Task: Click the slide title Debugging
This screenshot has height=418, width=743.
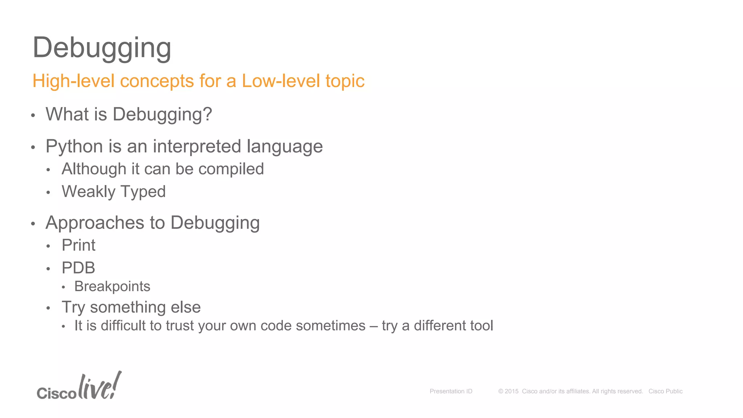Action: (x=102, y=48)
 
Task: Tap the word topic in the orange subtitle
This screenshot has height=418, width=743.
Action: (x=345, y=81)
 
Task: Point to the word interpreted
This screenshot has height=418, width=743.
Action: (x=197, y=147)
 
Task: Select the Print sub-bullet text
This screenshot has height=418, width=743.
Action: (x=78, y=245)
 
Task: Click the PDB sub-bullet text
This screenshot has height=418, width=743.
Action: (x=78, y=268)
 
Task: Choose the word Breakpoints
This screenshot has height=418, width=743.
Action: (x=112, y=287)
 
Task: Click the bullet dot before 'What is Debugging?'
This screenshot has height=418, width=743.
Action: (x=33, y=116)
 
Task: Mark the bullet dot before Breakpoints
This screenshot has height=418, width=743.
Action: (x=63, y=288)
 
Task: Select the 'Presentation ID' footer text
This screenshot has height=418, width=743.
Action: (x=451, y=392)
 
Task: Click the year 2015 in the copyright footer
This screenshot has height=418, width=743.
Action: (x=512, y=392)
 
